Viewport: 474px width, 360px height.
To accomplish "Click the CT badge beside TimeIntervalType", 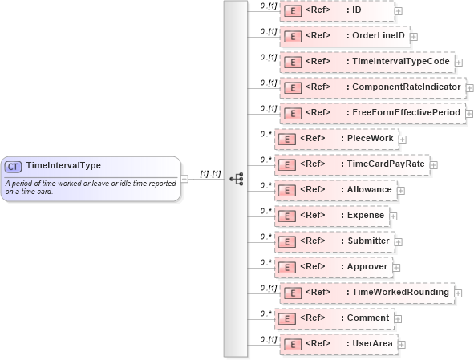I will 13,166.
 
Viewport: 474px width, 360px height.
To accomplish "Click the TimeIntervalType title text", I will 63,165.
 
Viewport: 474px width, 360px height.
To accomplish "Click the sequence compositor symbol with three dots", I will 236,179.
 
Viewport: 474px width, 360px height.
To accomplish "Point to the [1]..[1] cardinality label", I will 210,173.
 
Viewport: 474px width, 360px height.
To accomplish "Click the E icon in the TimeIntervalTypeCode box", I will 294,62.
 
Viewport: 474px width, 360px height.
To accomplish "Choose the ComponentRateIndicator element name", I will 407,87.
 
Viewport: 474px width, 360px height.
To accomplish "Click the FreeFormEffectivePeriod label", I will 407,113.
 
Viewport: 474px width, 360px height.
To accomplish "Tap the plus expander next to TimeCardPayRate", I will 434,164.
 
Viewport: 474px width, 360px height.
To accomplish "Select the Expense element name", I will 366,216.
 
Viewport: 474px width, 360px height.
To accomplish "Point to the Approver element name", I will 367,266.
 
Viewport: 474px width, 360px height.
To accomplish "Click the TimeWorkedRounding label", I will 400,292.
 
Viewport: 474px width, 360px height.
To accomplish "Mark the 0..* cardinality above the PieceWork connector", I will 265,134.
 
